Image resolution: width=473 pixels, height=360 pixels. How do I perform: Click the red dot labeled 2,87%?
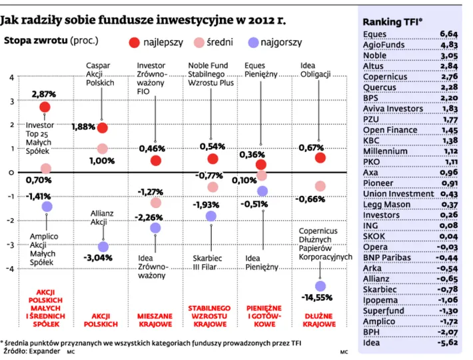click(45, 107)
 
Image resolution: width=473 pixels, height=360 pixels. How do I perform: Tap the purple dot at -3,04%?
click(102, 247)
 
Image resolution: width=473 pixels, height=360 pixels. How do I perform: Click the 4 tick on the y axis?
click(11, 77)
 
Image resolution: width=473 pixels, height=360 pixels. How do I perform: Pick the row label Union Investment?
click(398, 193)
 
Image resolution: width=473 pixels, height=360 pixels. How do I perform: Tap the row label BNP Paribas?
click(387, 257)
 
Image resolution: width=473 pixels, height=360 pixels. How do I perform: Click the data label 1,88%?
click(83, 127)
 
